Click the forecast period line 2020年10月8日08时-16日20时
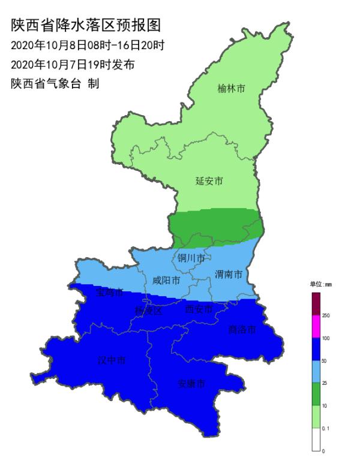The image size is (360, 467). (x=88, y=45)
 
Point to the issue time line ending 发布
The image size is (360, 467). (x=73, y=64)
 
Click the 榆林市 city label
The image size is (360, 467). (x=232, y=89)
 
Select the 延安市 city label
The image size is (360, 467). (x=209, y=180)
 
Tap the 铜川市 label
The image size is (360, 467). (x=191, y=258)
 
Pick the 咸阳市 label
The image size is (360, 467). (x=166, y=280)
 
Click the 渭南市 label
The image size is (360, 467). (x=229, y=275)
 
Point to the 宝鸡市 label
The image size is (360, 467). (x=110, y=293)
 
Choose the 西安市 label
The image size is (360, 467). (x=199, y=309)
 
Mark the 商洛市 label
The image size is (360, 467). (x=242, y=329)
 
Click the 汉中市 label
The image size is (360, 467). (x=112, y=360)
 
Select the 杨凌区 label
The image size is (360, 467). (x=149, y=311)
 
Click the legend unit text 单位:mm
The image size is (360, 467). (x=320, y=284)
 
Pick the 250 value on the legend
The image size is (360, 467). (x=326, y=315)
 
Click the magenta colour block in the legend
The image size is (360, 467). (x=316, y=327)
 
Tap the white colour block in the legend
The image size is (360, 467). (x=316, y=439)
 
